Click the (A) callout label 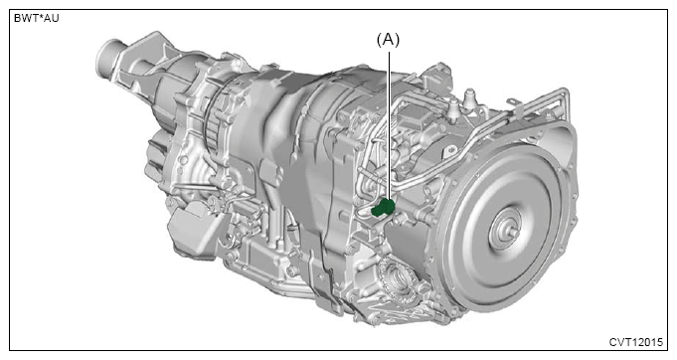pyautogui.click(x=388, y=40)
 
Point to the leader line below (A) pyautogui.click(x=390, y=126)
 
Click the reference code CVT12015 pyautogui.click(x=635, y=342)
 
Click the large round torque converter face pyautogui.click(x=505, y=229)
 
